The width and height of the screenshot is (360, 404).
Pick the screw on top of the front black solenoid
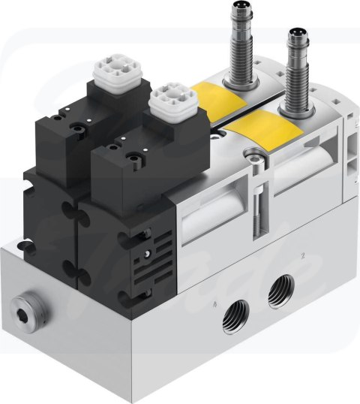pos(134,158)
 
